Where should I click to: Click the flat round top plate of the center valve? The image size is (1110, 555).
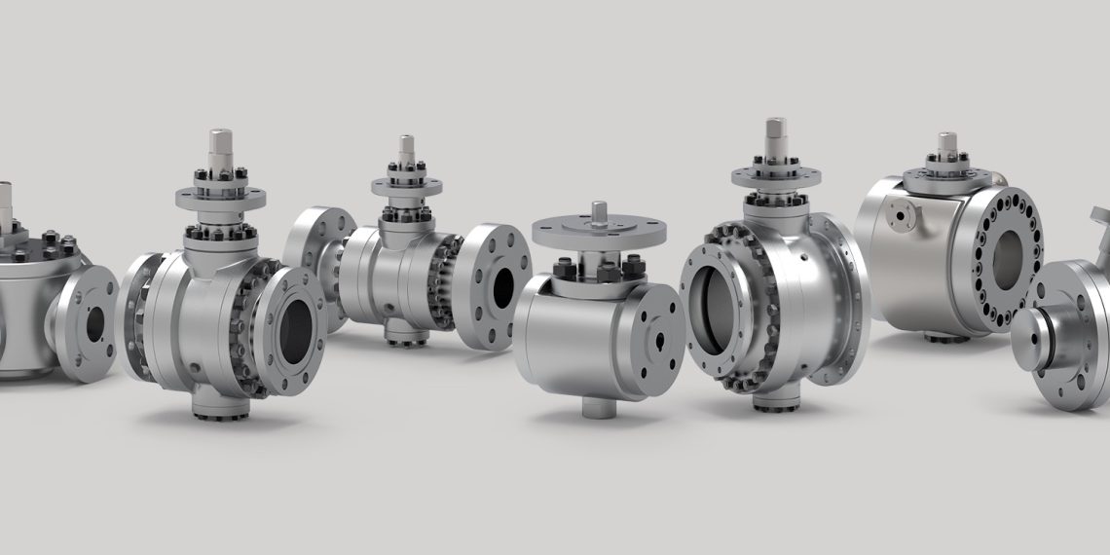[599, 229]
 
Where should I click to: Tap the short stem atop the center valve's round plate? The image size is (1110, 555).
[600, 209]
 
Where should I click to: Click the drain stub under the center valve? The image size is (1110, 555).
[597, 406]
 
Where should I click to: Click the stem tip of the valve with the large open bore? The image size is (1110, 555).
[775, 129]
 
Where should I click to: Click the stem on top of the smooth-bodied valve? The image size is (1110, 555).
[946, 144]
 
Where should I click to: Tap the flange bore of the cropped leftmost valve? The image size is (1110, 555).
[94, 325]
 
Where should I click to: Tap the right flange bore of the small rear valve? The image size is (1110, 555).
[503, 283]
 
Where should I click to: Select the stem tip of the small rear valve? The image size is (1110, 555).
[406, 144]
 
